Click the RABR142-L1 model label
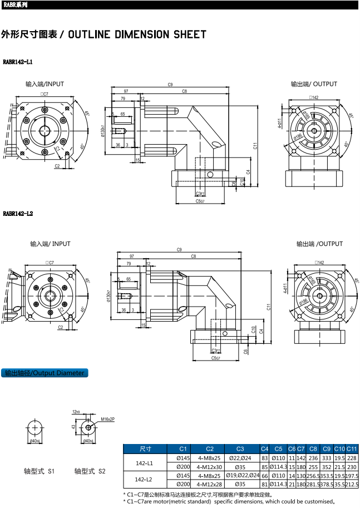point(18,62)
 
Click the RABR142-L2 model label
point(18,213)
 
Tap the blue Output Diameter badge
point(45,373)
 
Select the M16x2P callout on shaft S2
point(108,418)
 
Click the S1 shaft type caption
point(39,471)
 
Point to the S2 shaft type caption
point(90,471)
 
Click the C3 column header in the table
point(240,449)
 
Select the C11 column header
point(351,449)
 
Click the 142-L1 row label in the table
point(145,462)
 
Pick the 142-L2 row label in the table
point(145,480)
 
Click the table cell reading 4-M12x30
point(209,467)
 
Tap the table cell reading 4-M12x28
point(209,484)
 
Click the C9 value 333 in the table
point(326,458)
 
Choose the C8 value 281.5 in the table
point(313,484)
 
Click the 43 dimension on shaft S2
point(74,427)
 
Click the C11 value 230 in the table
point(351,467)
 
